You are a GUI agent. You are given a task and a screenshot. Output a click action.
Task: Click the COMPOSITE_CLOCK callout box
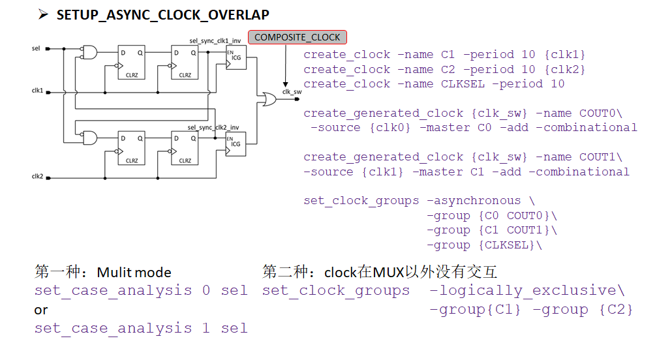297,37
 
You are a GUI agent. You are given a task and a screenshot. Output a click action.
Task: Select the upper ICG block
235,59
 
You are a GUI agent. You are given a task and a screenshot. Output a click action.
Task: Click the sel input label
35,48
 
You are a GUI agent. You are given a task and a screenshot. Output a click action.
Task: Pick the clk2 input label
37,177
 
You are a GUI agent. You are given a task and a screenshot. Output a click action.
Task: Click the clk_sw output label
291,92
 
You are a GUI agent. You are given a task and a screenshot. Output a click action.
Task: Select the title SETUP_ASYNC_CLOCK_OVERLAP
162,14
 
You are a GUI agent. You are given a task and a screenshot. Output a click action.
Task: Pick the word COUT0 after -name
601,113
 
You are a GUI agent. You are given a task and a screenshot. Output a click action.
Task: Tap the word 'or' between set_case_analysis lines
41,310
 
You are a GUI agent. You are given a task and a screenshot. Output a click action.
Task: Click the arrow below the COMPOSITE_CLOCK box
285,65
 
